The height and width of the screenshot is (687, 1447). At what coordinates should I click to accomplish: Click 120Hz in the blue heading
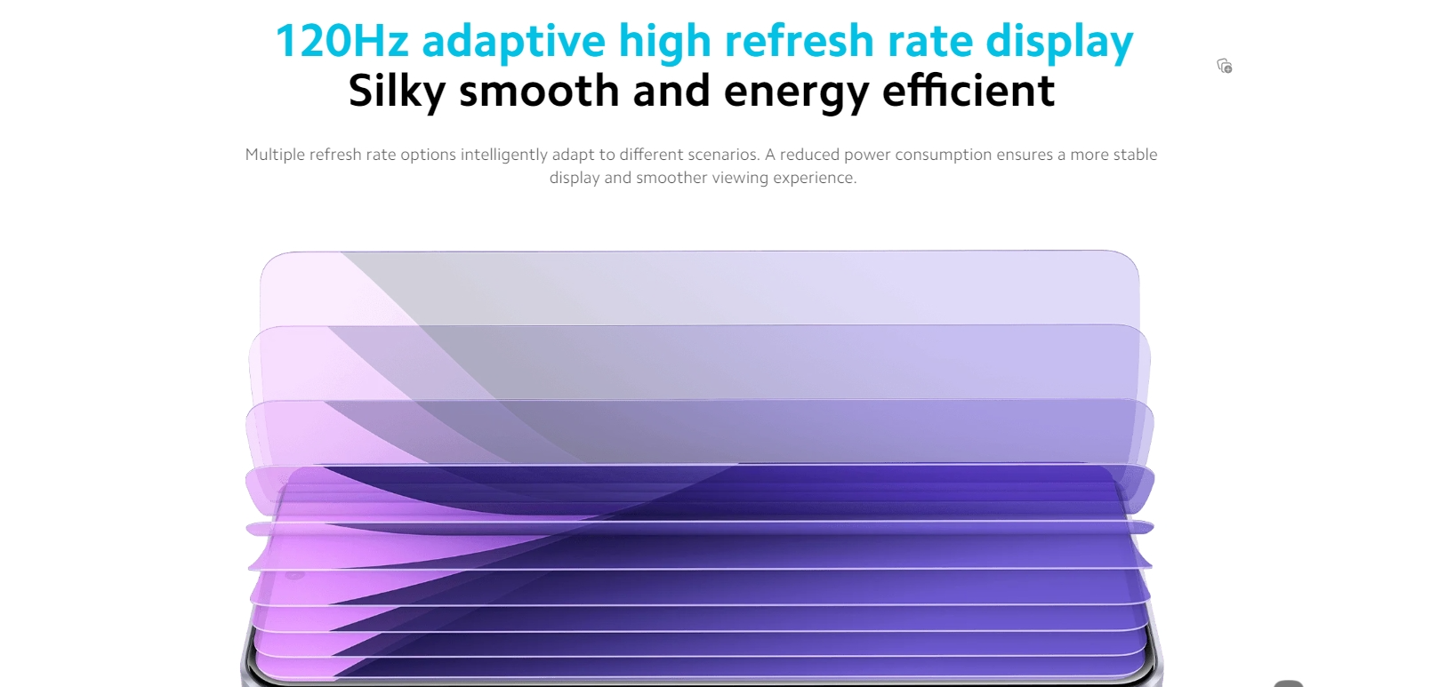coord(342,41)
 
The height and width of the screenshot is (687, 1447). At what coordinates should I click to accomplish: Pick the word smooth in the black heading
coord(539,91)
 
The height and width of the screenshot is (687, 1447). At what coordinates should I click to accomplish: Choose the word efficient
coord(969,91)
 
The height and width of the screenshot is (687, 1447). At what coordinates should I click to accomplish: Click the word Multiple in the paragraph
coord(275,155)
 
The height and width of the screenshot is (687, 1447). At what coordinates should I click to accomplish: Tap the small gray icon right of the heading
coord(1225,66)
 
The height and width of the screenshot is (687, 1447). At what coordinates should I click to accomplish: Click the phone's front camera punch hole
coord(294,575)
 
